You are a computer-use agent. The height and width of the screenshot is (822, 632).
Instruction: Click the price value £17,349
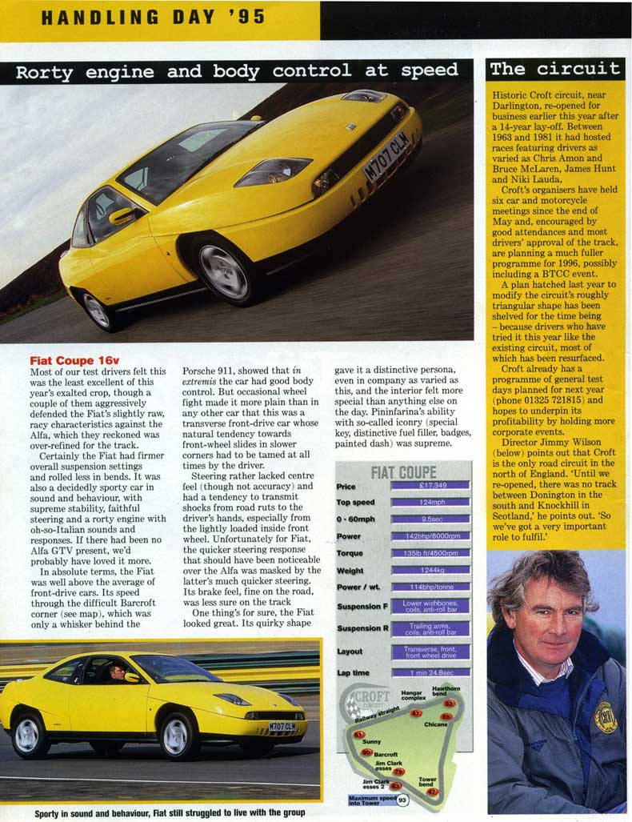430,486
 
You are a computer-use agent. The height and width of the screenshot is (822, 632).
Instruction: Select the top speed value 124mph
430,503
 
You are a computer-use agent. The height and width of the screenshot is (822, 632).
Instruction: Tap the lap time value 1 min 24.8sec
430,672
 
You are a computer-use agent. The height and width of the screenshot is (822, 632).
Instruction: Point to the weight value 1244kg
430,570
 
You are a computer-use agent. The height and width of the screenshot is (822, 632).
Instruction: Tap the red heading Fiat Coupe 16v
74,361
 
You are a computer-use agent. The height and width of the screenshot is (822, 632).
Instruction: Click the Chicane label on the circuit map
436,724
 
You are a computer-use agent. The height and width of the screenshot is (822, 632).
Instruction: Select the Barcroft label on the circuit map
386,754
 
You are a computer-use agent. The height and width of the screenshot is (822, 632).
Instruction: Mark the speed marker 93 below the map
402,800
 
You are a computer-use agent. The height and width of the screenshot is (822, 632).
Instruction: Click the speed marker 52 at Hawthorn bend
450,704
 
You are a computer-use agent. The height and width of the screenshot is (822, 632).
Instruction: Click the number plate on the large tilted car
386,156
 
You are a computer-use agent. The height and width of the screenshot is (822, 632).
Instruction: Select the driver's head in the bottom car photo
118,671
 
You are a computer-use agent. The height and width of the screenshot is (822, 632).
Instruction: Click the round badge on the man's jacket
605,716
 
